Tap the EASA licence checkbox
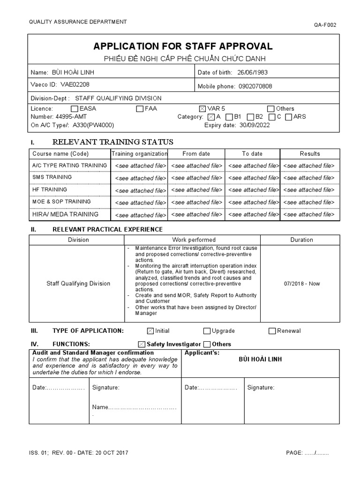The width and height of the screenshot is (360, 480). tap(75, 109)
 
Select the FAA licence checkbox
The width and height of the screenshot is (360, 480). tap(140, 109)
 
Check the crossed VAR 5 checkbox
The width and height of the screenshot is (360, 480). tap(202, 109)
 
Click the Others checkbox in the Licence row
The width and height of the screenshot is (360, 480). tap(270, 109)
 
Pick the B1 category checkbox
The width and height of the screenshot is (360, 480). tap(229, 117)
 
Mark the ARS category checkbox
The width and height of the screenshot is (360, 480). tap(289, 117)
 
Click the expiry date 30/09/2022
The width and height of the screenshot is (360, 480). tap(255, 125)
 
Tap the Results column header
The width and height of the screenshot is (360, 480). tap(310, 154)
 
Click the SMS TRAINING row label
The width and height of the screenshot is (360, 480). tap(52, 177)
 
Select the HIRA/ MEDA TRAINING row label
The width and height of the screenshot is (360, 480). tap(65, 214)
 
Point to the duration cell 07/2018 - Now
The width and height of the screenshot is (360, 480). tap(301, 284)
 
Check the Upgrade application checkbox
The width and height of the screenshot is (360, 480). tap(207, 331)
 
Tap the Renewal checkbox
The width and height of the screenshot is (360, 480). tap(272, 331)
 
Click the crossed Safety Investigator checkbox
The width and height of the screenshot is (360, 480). tap(142, 345)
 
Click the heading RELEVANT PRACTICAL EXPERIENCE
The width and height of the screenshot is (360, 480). tap(107, 229)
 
